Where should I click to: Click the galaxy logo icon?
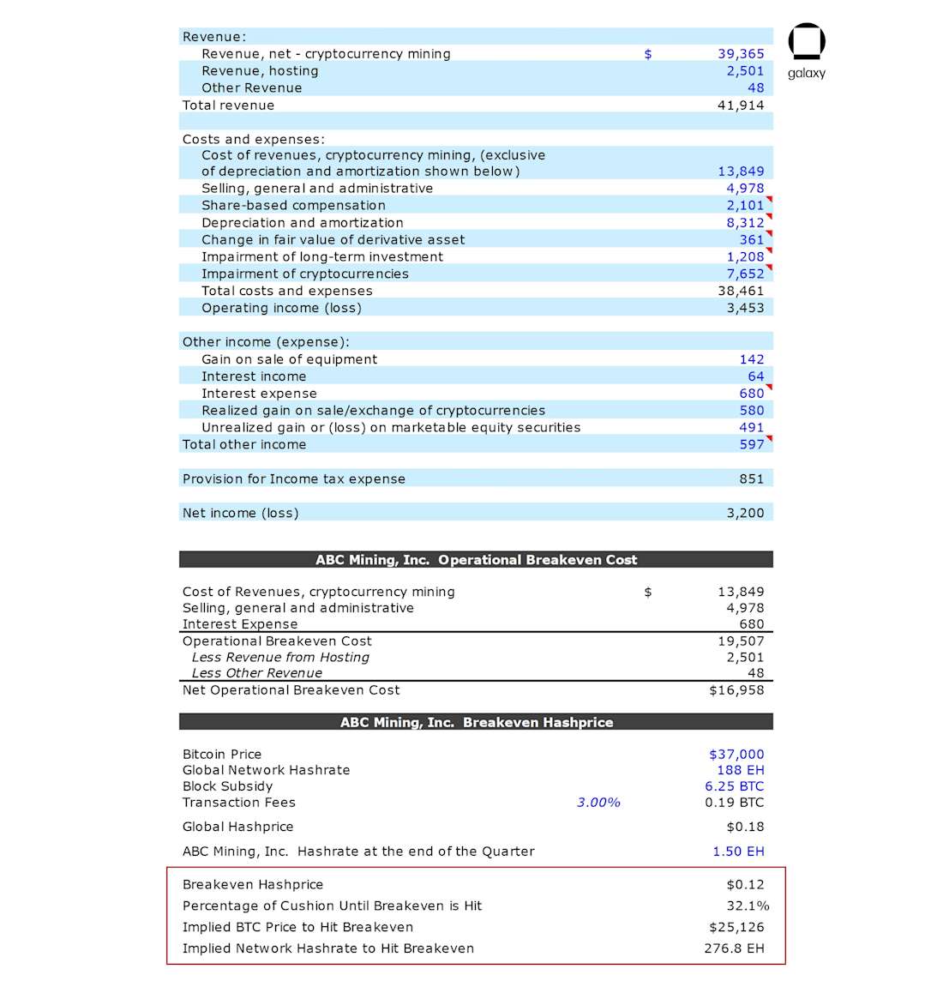click(x=806, y=42)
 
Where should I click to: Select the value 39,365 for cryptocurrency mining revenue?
click(x=741, y=54)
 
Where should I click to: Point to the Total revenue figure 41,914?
click(x=741, y=105)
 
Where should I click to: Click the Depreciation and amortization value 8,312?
click(x=745, y=223)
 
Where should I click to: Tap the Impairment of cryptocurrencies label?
click(x=305, y=274)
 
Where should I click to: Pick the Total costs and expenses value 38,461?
click(x=741, y=292)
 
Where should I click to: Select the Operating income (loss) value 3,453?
click(x=745, y=308)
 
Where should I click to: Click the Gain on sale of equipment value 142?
click(x=751, y=360)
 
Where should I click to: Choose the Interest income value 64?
click(x=755, y=376)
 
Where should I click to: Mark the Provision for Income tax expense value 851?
click(x=751, y=479)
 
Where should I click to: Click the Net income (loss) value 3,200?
click(x=745, y=514)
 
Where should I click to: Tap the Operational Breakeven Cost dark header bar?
click(x=476, y=560)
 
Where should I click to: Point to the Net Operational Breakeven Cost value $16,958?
click(x=736, y=690)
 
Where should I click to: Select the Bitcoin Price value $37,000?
click(x=736, y=755)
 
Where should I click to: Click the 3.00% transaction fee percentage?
click(x=598, y=803)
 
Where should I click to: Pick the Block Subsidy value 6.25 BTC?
click(x=734, y=786)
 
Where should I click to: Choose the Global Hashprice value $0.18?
click(x=745, y=828)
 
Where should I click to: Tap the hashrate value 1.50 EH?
click(x=738, y=852)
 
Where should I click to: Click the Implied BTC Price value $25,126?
click(x=736, y=928)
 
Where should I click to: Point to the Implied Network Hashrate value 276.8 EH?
click(x=734, y=949)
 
